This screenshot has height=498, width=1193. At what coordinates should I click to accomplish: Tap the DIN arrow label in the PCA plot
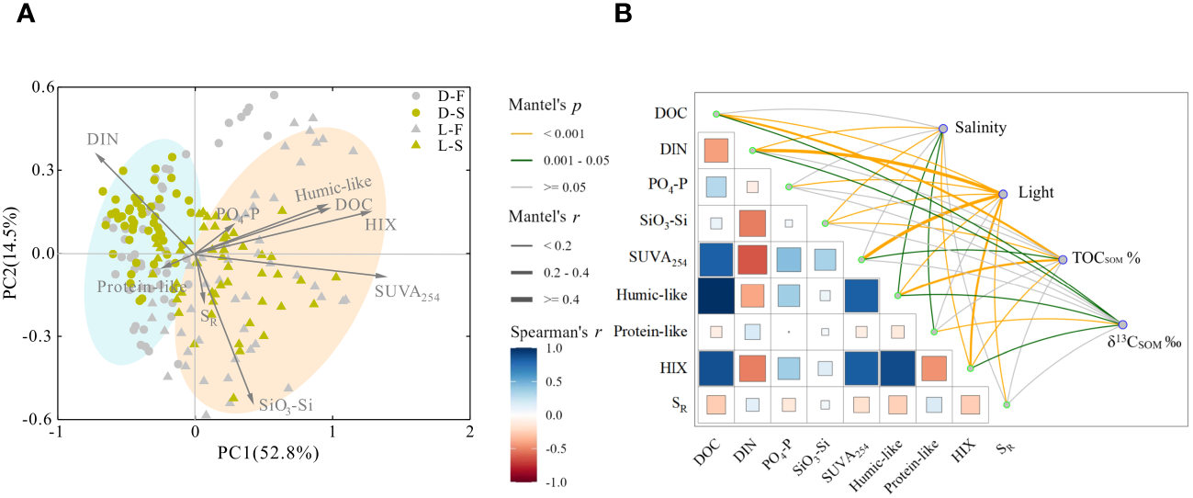104,140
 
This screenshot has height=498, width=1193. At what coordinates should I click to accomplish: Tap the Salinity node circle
942,129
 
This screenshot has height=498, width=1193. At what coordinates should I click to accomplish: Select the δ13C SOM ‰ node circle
1122,323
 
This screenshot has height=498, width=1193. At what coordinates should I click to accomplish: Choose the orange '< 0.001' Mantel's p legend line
523,134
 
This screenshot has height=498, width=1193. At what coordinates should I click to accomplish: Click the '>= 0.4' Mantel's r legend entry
523,299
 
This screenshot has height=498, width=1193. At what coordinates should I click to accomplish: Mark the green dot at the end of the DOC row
716,114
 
